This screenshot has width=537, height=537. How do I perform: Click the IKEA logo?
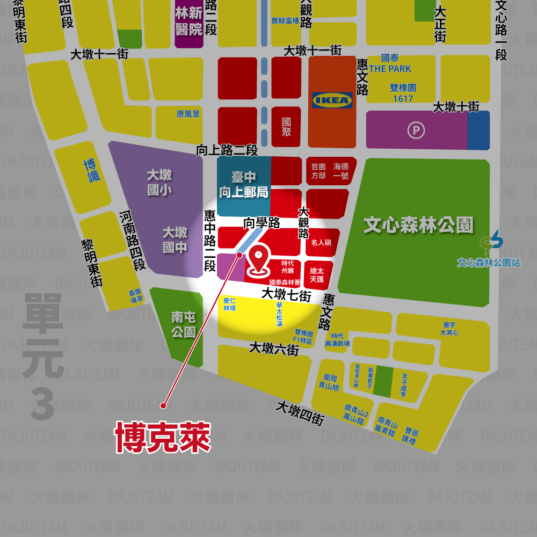[332, 100]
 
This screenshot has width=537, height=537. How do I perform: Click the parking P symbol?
[415, 130]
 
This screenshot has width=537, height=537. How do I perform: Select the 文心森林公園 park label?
[418, 225]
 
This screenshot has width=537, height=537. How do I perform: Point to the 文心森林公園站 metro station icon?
[491, 242]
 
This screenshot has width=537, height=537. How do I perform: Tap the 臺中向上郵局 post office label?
[244, 185]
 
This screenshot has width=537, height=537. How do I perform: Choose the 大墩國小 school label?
[159, 182]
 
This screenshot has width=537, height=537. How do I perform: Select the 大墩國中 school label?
[175, 240]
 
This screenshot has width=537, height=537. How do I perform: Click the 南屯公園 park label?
[183, 325]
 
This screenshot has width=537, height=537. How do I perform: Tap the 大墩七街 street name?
[286, 294]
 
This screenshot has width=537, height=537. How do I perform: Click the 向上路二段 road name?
[227, 150]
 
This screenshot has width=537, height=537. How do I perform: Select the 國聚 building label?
[287, 127]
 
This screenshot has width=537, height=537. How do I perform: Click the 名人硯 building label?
[321, 243]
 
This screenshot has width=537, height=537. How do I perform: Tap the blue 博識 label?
[92, 170]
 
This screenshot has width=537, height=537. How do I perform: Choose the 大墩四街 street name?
[300, 413]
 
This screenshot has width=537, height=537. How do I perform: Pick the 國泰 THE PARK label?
[390, 63]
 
